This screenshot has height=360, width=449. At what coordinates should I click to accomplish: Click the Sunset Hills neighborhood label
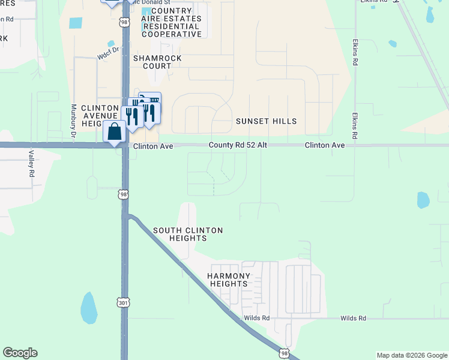[x=266, y=121]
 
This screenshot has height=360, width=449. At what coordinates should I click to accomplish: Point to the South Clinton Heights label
[x=188, y=234]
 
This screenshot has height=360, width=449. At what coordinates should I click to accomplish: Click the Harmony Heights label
[x=228, y=280]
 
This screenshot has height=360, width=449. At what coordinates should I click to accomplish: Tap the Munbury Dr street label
[x=73, y=122]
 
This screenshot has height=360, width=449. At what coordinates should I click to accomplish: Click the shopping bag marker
[x=114, y=131]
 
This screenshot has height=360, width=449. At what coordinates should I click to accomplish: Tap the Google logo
[x=20, y=353]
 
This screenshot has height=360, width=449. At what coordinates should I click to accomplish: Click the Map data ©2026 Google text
[x=411, y=355]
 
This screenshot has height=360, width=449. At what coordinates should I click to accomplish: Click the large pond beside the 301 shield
[x=89, y=307]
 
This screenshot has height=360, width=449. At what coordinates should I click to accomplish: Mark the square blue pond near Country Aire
[x=76, y=23]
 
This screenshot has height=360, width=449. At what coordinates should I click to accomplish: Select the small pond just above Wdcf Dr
[x=111, y=44]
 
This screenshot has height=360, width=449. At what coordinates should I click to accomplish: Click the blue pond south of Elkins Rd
[x=423, y=200]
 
